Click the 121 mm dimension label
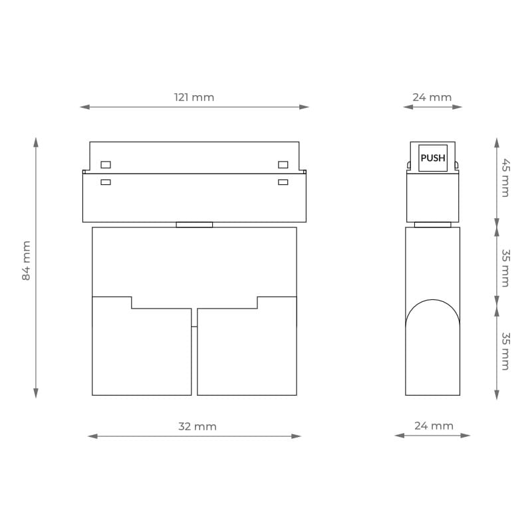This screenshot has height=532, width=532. pyautogui.click(x=194, y=97)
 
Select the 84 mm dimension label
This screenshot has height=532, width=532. pyautogui.click(x=26, y=261)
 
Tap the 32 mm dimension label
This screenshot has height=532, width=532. pyautogui.click(x=198, y=426)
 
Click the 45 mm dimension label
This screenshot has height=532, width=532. pyautogui.click(x=505, y=178)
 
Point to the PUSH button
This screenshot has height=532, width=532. pyautogui.click(x=433, y=158)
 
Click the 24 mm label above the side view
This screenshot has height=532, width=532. pyautogui.click(x=432, y=97)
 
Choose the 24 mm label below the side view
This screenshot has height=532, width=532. pyautogui.click(x=434, y=426)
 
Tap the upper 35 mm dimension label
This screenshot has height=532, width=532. pyautogui.click(x=505, y=268)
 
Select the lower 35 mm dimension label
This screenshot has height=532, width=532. pyautogui.click(x=505, y=351)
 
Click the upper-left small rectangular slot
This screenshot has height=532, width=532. pyautogui.click(x=106, y=164)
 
